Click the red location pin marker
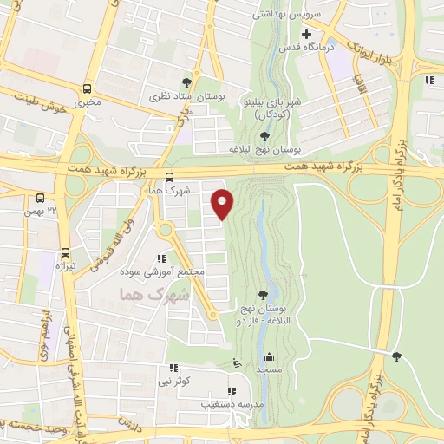point(224,203)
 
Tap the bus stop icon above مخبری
point(87,88)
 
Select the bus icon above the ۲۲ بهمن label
point(42,198)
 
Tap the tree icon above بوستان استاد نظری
point(187,84)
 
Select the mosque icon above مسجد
point(270,356)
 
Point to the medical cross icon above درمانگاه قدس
point(306,34)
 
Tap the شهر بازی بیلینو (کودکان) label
point(272,108)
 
